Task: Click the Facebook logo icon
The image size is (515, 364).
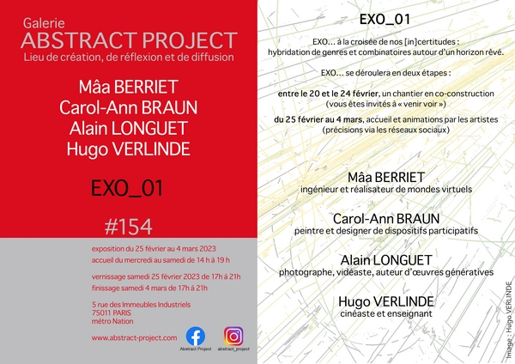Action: click(x=196, y=336)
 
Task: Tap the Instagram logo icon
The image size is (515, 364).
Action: click(x=233, y=336)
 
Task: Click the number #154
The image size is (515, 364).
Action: click(x=129, y=227)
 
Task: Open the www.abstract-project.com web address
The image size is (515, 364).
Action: click(x=134, y=337)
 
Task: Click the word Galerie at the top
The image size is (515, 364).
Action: click(x=44, y=23)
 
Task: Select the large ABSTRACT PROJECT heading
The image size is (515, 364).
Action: click(x=129, y=40)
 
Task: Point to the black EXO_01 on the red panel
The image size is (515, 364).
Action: click(x=127, y=189)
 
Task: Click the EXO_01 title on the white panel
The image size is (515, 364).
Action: click(x=385, y=20)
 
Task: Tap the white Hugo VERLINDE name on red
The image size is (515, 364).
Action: click(x=129, y=149)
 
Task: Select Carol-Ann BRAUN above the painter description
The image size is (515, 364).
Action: click(x=386, y=219)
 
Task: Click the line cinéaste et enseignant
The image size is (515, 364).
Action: click(x=386, y=313)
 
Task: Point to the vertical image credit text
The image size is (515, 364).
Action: click(x=508, y=319)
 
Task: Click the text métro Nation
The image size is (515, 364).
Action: click(x=112, y=321)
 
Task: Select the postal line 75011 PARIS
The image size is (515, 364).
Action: click(x=112, y=312)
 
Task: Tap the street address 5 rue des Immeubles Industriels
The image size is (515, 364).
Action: click(x=142, y=305)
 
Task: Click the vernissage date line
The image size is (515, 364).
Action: click(x=167, y=276)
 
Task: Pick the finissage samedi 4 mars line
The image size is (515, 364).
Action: click(x=149, y=288)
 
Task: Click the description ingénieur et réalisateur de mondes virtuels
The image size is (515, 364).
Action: click(x=386, y=190)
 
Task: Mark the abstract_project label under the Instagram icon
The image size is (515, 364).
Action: click(x=233, y=349)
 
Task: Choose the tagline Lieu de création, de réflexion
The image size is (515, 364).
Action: click(x=129, y=58)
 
